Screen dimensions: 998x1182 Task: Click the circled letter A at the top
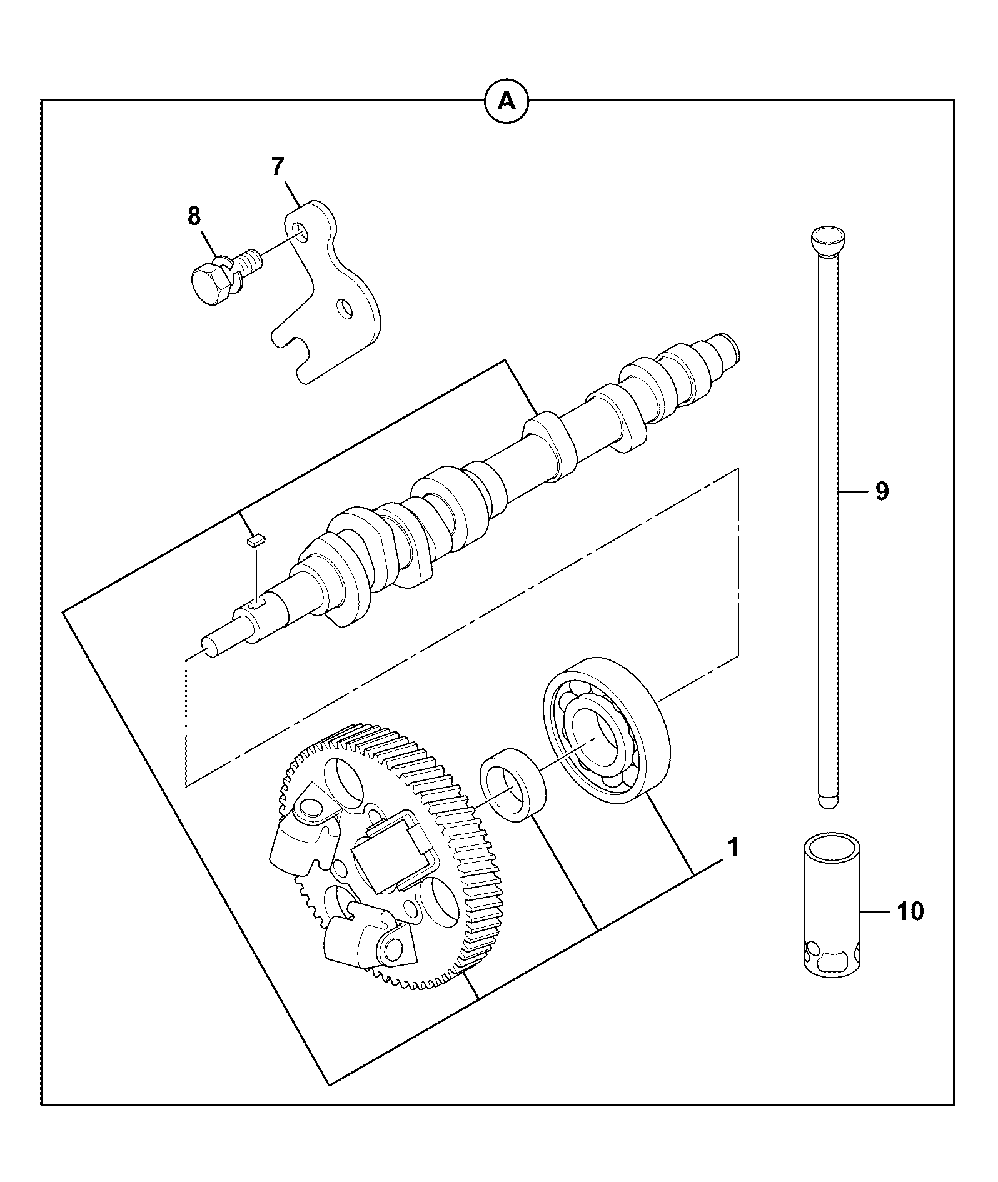(507, 100)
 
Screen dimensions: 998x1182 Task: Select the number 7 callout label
(278, 167)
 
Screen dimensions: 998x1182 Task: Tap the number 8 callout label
(194, 216)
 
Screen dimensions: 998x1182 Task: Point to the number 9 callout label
(881, 491)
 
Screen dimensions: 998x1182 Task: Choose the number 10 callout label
(910, 911)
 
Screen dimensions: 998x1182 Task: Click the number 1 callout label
(733, 848)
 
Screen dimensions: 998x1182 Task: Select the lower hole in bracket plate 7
(345, 308)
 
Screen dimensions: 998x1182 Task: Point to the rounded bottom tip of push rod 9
(828, 802)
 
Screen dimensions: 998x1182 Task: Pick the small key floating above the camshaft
(256, 539)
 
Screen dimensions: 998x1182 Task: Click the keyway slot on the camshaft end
(257, 603)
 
